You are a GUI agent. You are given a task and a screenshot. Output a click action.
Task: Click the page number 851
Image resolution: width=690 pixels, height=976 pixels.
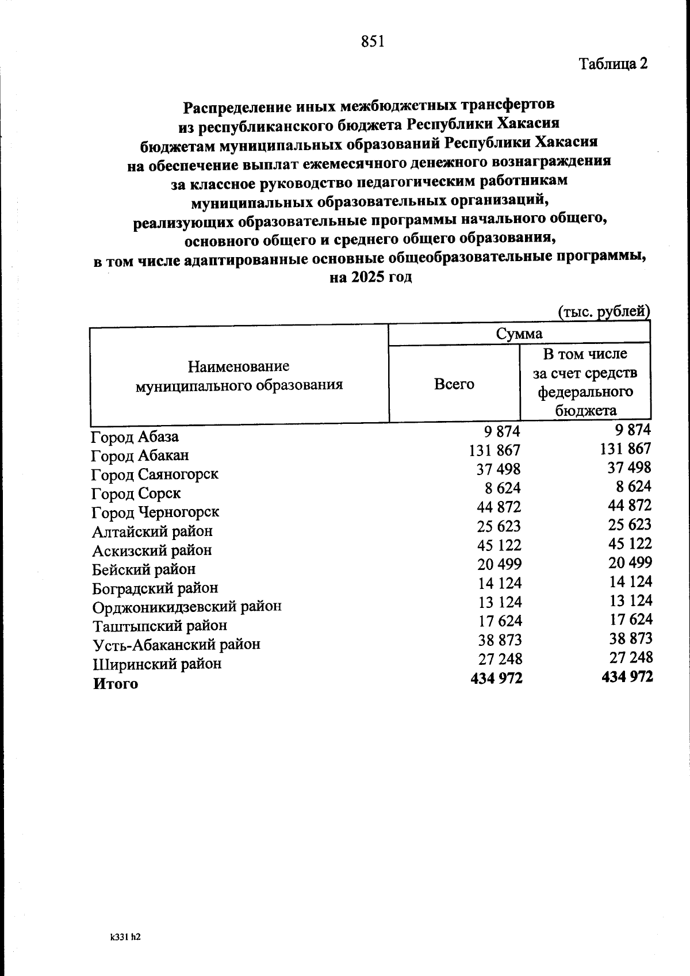pos(373,41)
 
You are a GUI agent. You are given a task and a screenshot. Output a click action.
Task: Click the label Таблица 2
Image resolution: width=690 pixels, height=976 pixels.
pos(613,63)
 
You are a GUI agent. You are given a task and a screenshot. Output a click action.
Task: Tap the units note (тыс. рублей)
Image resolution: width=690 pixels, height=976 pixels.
pos(604,311)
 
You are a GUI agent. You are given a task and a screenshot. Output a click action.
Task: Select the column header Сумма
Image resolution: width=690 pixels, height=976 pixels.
pos(519,334)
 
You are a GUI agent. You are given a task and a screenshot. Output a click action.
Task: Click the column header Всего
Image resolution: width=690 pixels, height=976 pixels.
pos(454,384)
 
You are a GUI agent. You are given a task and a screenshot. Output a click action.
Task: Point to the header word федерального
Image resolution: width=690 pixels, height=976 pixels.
pos(585,392)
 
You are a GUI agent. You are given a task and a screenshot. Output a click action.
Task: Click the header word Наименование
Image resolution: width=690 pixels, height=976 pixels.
pos(239,366)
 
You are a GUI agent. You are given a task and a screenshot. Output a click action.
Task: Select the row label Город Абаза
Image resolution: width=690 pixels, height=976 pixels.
pos(135,437)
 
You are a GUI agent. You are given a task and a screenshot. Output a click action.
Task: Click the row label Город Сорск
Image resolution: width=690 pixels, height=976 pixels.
pos(136,493)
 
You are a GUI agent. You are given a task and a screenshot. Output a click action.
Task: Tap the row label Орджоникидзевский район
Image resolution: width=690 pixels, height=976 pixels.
pos(187,607)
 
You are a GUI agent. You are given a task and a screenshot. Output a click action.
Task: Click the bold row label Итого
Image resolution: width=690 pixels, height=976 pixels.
pos(116,684)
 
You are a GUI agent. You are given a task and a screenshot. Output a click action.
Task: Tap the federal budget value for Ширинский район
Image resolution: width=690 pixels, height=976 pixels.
pos(631,657)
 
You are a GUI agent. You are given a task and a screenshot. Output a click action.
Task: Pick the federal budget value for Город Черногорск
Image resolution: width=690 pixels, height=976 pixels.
pos(630,506)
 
